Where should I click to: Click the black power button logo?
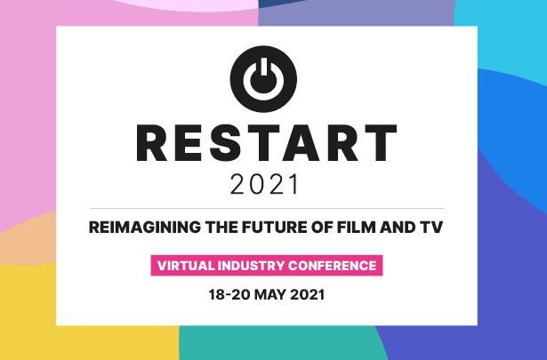point(263,79)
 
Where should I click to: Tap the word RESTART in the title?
point(267,142)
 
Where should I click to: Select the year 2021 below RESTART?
point(264,184)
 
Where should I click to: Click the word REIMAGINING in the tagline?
point(145,228)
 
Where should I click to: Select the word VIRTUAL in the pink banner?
point(186,266)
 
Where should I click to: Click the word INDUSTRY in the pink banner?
point(251,266)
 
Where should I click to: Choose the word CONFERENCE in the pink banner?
point(332,266)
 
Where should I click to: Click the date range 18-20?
point(229,295)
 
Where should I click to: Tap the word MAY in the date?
point(270,295)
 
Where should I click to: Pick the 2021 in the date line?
point(308,295)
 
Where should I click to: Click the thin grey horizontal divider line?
point(267,208)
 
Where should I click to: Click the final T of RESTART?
point(381,142)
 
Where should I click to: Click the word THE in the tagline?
point(221,228)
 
